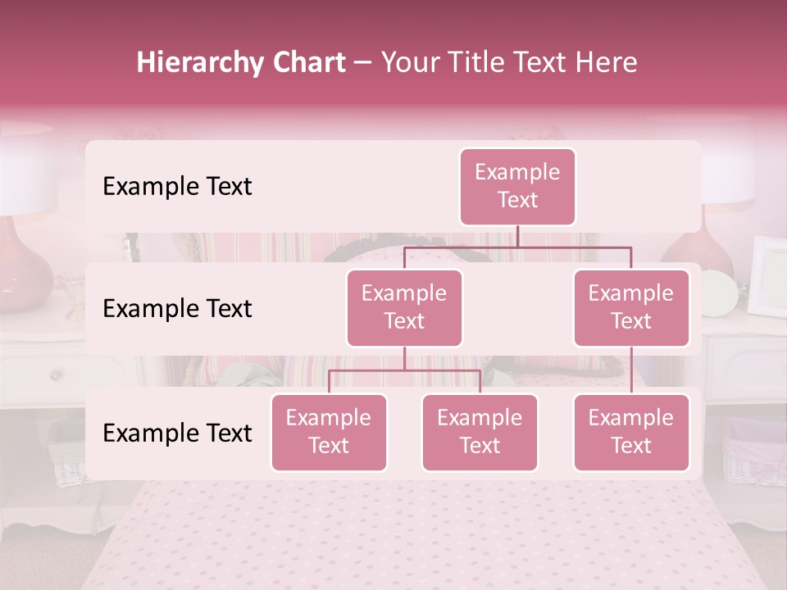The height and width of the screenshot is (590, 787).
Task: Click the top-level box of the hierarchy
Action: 517,186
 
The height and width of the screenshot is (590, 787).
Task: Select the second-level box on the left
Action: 404,307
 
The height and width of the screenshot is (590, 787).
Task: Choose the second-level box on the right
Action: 631,307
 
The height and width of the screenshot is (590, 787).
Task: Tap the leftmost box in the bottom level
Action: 329,432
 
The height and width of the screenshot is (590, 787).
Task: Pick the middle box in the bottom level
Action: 480,432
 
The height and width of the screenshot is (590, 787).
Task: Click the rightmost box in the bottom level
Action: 631,432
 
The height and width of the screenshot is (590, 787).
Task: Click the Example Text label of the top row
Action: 177,187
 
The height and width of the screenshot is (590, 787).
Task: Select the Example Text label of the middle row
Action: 177,309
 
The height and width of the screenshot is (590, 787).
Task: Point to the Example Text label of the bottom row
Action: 177,433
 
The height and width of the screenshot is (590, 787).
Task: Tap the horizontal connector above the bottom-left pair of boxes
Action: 404,370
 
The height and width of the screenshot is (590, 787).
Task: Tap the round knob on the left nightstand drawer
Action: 56,375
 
